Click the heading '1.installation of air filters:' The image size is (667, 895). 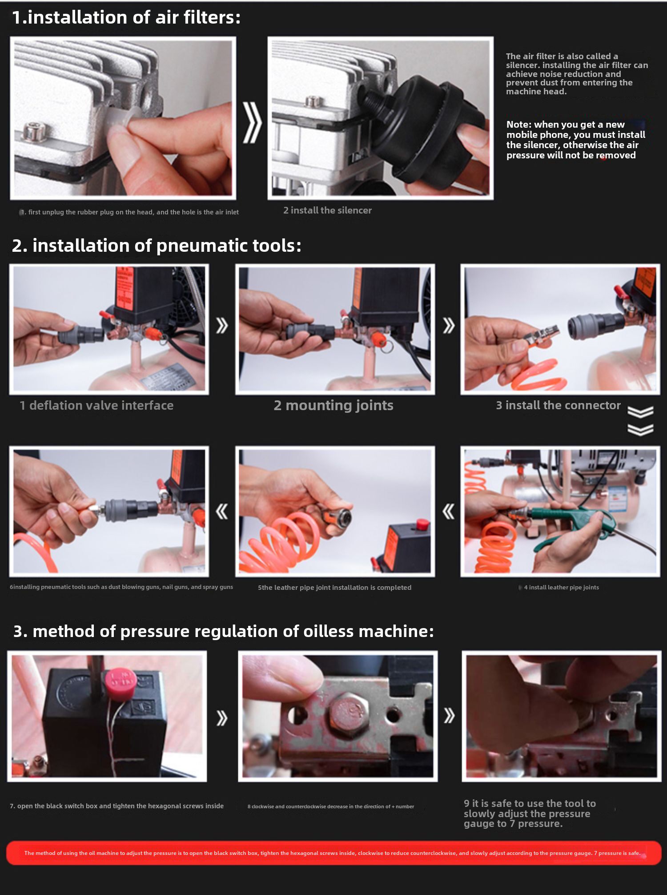[x=126, y=17]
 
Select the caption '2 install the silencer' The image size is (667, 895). [x=327, y=210]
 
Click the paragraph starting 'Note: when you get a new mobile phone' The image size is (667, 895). [x=575, y=140]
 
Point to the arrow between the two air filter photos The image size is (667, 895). [x=252, y=122]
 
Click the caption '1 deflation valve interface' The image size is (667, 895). [x=96, y=405]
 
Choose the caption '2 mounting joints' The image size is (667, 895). [x=333, y=405]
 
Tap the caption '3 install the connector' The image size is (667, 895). [x=558, y=405]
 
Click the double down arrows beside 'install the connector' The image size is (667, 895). [x=640, y=420]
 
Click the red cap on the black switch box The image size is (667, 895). [x=121, y=682]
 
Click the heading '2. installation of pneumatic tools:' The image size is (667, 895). [x=157, y=246]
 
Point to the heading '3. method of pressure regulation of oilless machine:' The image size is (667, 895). [x=223, y=631]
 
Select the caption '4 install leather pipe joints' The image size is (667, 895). [x=561, y=587]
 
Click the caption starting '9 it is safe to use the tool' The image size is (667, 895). [x=530, y=814]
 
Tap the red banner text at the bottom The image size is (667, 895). [x=332, y=853]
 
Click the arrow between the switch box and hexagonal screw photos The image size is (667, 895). [x=222, y=718]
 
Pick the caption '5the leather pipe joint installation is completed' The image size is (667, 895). [x=334, y=588]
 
